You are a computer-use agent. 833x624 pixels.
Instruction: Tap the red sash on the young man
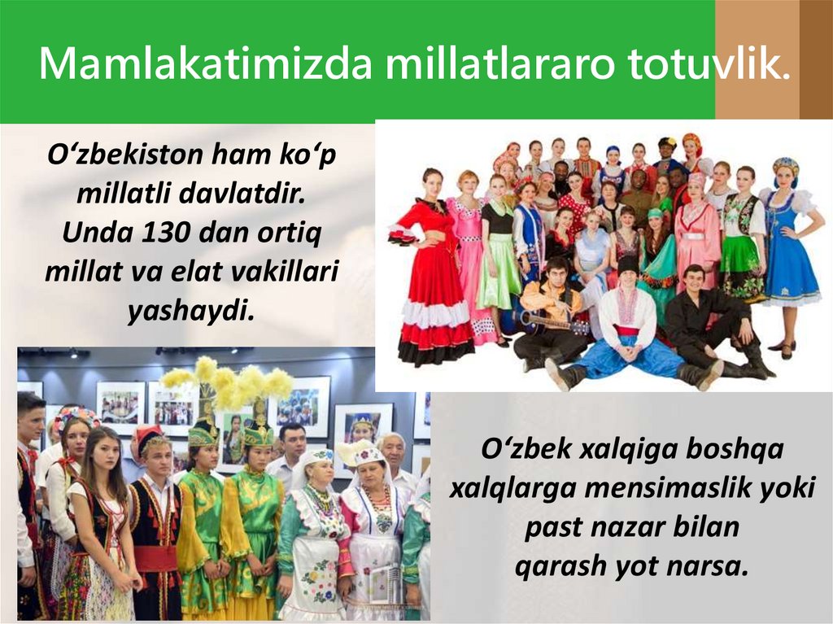point(155,558)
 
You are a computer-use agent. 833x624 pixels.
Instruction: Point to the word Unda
point(90,234)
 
